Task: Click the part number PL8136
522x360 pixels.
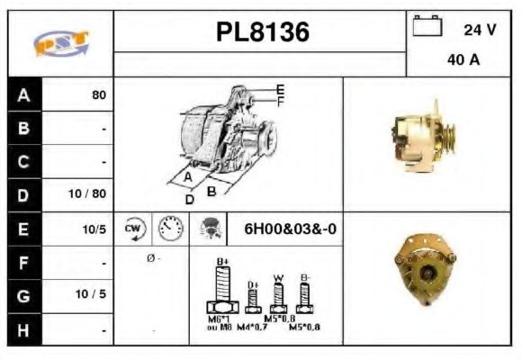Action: tap(262, 33)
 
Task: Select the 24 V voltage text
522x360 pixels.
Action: tap(479, 30)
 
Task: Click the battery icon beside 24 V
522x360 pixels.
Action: tap(425, 28)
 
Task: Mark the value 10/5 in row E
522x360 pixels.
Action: tap(94, 229)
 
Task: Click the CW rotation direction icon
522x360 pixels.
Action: tap(134, 229)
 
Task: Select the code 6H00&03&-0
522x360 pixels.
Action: tap(291, 229)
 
